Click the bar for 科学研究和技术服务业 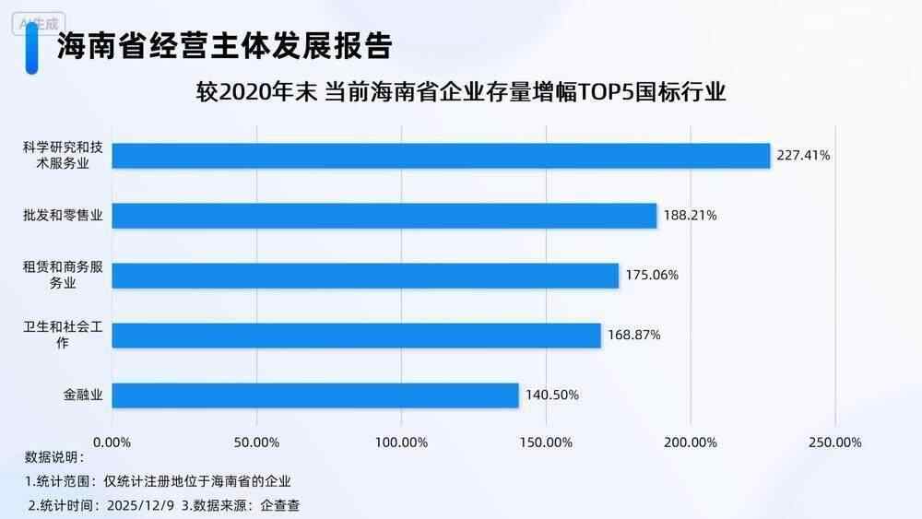(441, 156)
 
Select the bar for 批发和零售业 (384, 216)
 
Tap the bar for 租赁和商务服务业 (365, 276)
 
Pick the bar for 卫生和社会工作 (356, 336)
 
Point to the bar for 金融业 (315, 395)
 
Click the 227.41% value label (803, 156)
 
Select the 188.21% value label (690, 216)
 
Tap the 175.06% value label (652, 276)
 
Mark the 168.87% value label (633, 336)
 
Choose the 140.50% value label (551, 395)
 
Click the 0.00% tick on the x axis (112, 442)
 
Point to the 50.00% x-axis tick (257, 442)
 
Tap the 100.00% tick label (401, 442)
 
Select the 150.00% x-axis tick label (546, 442)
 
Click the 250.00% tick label (834, 442)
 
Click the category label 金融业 (81, 395)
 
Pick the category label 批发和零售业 (62, 216)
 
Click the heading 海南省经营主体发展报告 (224, 45)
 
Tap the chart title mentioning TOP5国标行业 (461, 94)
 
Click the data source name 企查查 (280, 504)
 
